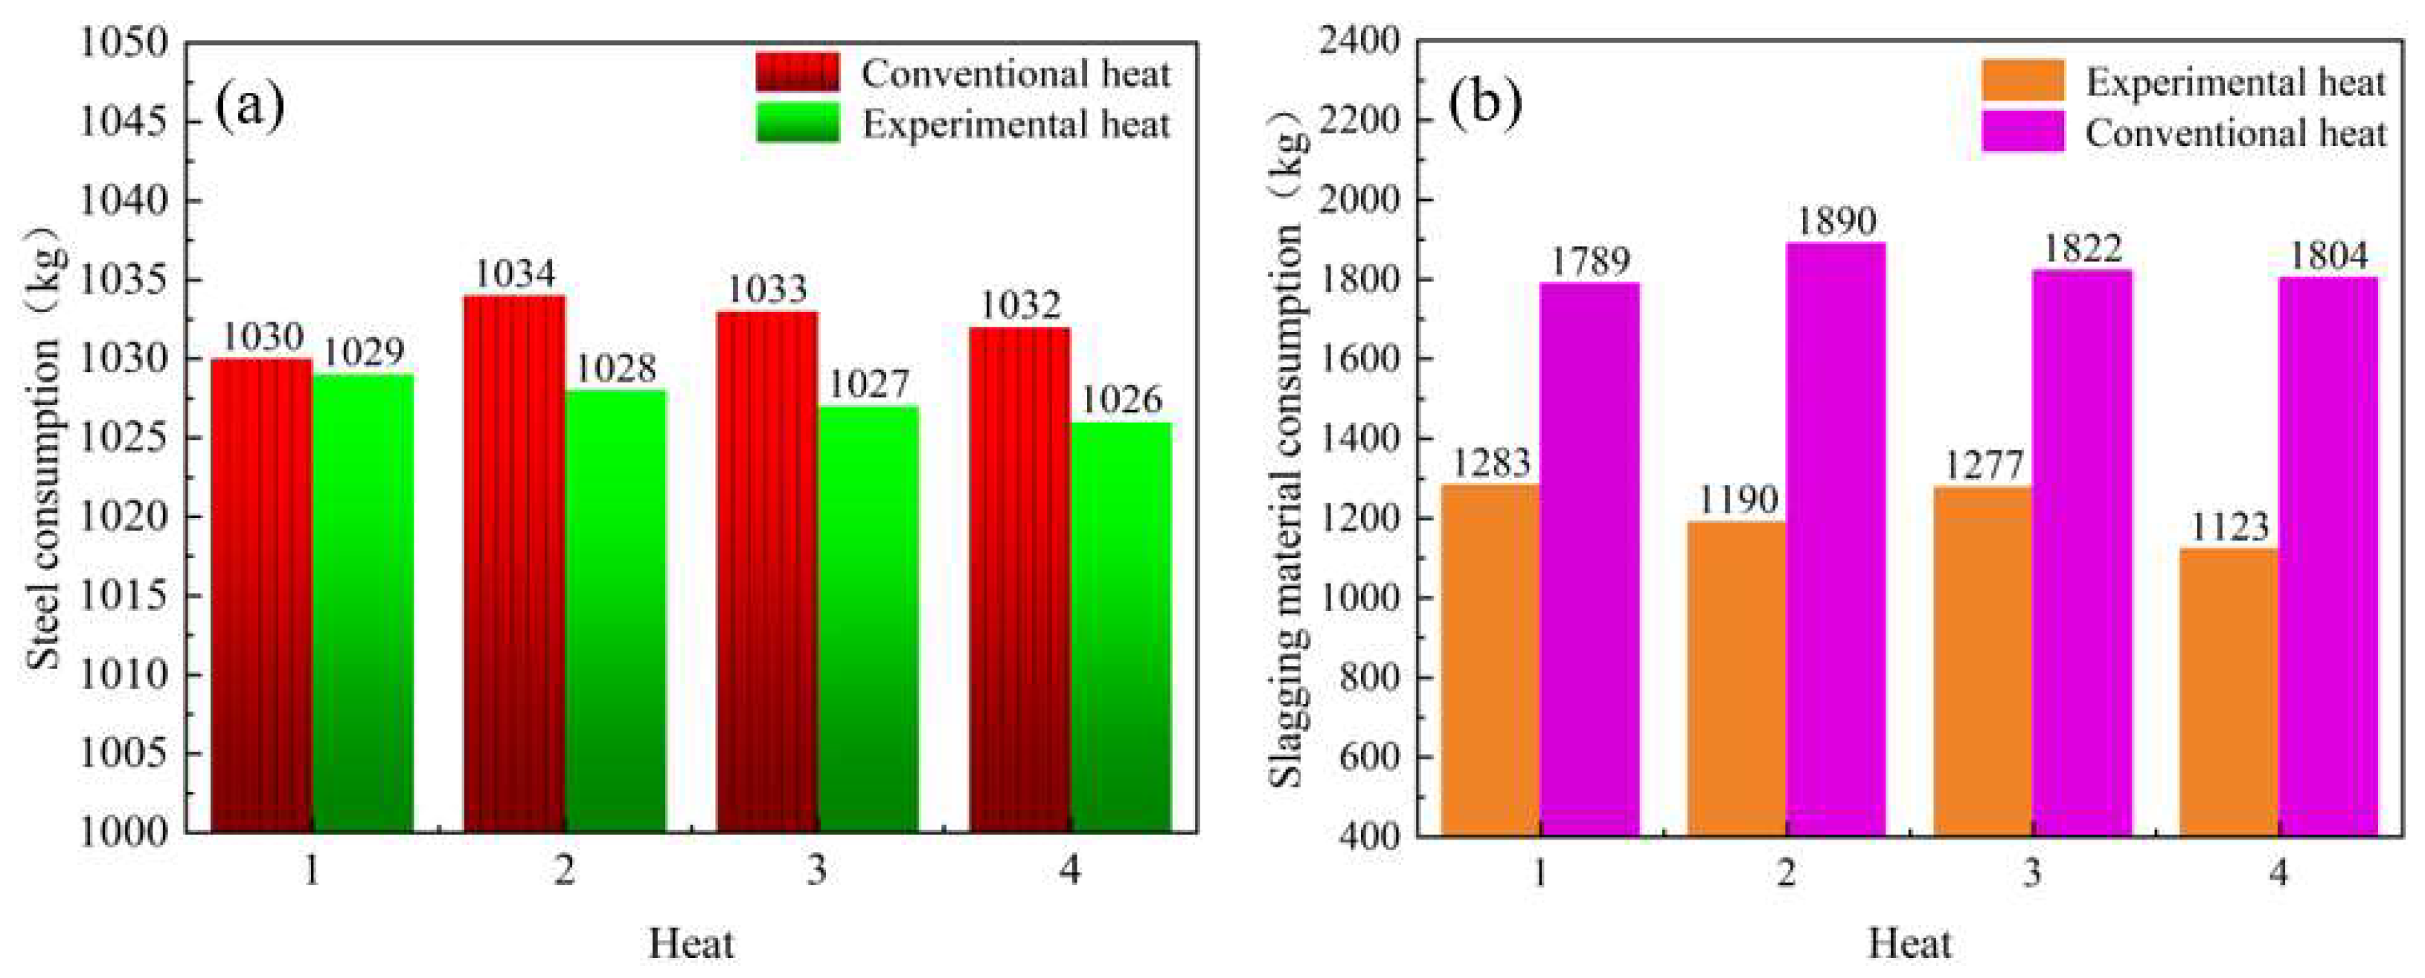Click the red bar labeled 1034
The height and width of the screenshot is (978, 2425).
point(514,565)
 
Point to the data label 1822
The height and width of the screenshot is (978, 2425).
point(2081,249)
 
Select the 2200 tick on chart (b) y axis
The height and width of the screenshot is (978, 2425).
point(1359,121)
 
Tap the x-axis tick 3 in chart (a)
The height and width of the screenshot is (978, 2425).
point(816,871)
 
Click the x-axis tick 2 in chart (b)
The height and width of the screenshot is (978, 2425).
point(1786,874)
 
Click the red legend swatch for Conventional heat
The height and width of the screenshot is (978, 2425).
point(798,72)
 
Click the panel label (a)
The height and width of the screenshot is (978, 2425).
point(249,106)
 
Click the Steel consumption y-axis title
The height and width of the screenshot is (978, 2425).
point(42,452)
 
